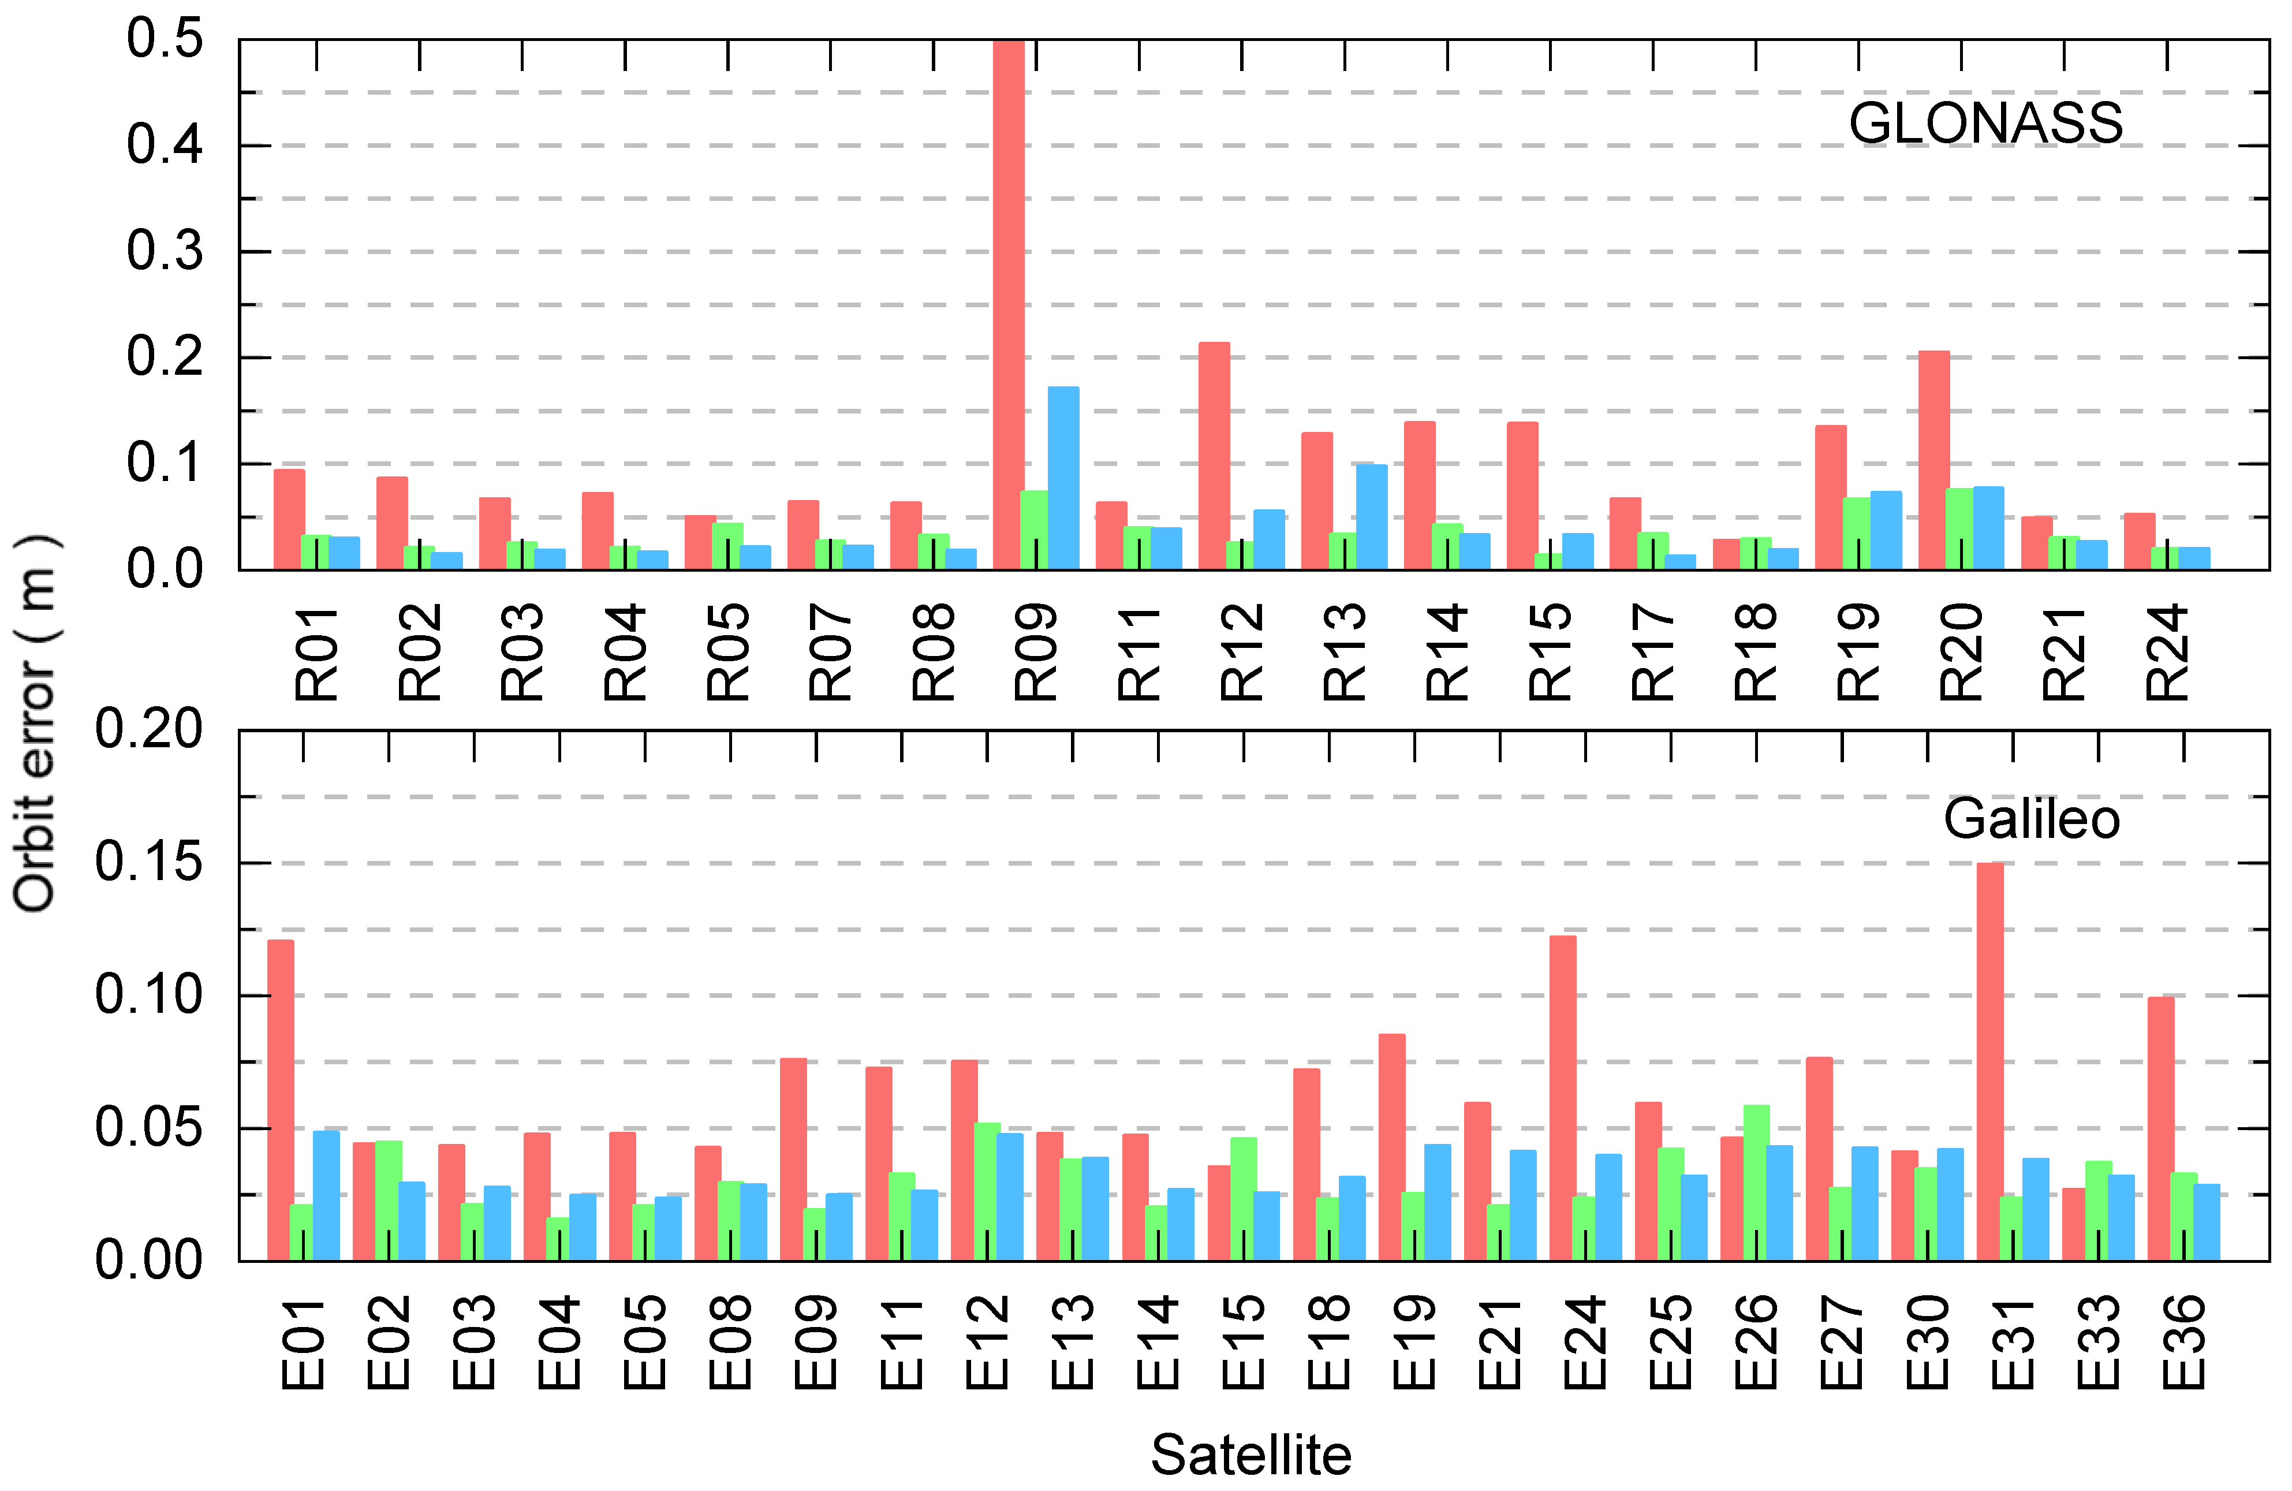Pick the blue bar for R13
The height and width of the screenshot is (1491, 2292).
pos(1371,517)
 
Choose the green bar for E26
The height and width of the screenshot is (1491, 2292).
pos(1756,1183)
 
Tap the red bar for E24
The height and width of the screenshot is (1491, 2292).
pos(1563,1098)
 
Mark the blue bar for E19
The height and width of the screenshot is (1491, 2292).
pos(1437,1202)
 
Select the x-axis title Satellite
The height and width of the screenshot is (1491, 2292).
pos(1251,1455)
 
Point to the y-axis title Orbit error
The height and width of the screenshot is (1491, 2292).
pos(36,722)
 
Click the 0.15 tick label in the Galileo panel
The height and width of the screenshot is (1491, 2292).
pos(150,862)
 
